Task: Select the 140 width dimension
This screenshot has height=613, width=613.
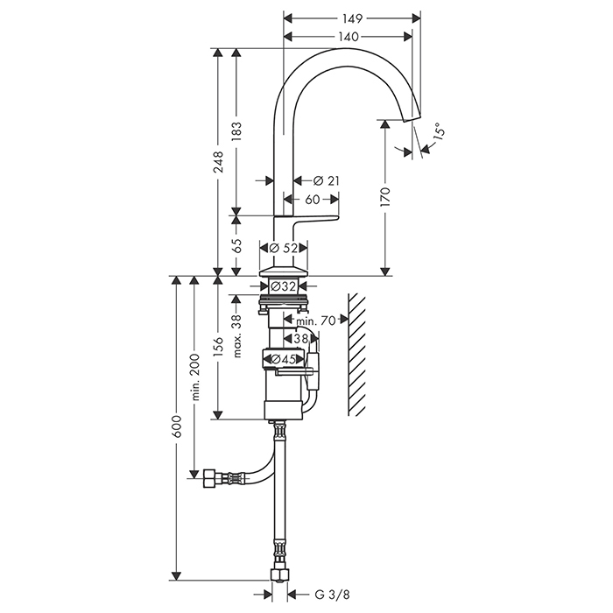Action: coord(348,36)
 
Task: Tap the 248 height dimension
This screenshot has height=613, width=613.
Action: coord(218,162)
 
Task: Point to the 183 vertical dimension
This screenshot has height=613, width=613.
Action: coord(236,130)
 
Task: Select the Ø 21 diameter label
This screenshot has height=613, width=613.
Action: coord(326,180)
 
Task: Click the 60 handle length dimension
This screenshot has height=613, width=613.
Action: coord(313,200)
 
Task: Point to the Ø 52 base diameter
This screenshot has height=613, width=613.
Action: coord(284,249)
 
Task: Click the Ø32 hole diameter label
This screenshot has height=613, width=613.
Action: coord(283,285)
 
